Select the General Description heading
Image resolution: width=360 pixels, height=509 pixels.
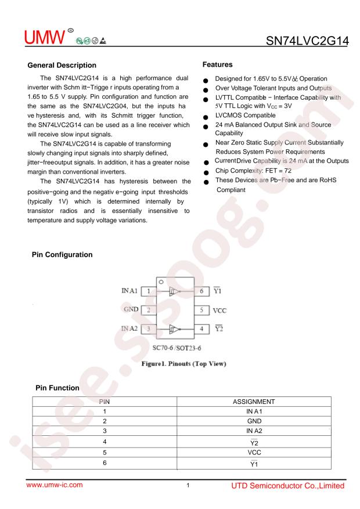(x=62, y=64)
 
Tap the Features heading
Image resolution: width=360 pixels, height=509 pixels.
(x=218, y=64)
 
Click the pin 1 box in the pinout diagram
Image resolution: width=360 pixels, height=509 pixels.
(x=148, y=291)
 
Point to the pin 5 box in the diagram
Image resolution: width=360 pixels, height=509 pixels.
(x=201, y=310)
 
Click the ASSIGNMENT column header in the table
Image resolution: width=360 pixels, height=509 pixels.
(x=253, y=401)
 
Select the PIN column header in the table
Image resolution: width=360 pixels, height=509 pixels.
(x=105, y=401)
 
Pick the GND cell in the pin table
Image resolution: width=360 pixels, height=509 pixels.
(x=253, y=421)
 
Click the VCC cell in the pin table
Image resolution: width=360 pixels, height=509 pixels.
(x=253, y=452)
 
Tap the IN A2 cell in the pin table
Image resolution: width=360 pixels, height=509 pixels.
(x=253, y=432)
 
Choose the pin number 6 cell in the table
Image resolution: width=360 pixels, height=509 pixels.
(x=105, y=463)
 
